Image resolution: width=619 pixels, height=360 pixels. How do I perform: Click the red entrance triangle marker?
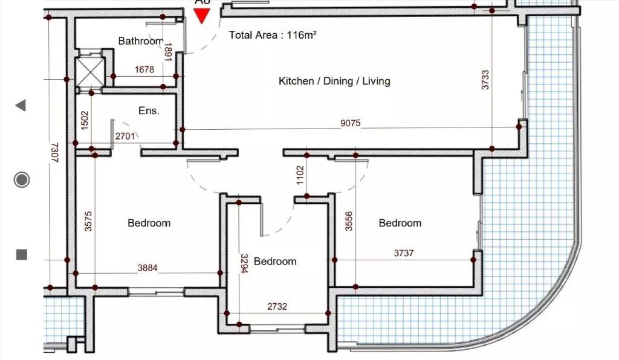point(202,16)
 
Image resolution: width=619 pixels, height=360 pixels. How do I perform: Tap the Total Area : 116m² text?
point(273,35)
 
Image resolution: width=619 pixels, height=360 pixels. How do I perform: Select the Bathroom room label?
point(140,40)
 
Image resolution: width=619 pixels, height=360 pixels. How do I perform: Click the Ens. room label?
point(149,111)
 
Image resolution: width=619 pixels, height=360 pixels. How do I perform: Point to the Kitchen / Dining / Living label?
point(334,81)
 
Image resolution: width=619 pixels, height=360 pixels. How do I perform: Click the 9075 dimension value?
point(351,123)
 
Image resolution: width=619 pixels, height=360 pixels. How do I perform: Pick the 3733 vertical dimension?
point(485,80)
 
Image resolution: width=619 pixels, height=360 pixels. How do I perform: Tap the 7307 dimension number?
point(54,153)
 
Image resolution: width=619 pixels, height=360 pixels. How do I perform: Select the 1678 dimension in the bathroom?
point(144,69)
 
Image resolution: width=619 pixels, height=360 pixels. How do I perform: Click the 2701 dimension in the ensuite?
point(125,136)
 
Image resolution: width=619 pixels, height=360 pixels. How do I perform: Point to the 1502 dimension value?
point(85,120)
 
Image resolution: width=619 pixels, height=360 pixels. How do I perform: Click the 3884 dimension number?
point(147,268)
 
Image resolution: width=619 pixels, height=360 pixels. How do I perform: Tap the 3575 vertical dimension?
point(88,221)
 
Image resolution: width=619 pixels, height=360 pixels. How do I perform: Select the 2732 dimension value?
point(277,306)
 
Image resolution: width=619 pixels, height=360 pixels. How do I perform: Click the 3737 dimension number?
point(404,253)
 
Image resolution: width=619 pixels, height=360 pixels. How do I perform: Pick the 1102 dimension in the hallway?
point(300,175)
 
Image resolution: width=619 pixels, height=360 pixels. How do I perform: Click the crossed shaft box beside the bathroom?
point(90,72)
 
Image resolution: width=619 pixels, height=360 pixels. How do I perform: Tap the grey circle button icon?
point(22,180)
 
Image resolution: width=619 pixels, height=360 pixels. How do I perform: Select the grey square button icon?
point(22,254)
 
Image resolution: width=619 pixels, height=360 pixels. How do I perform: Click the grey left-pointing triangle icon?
point(21,105)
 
